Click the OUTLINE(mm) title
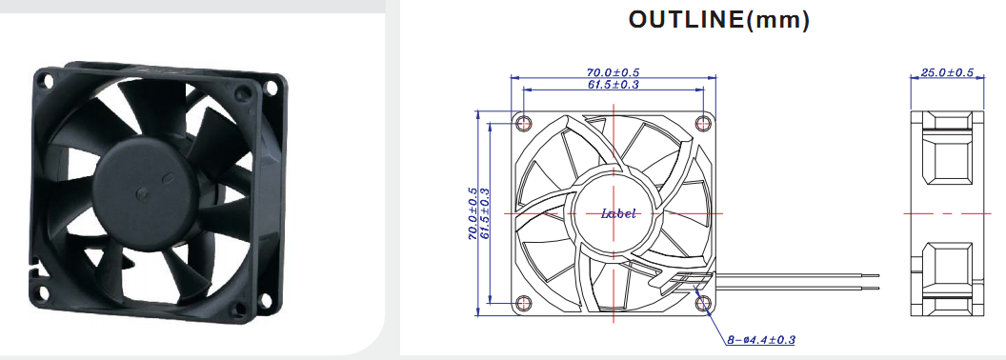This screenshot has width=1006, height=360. [718, 20]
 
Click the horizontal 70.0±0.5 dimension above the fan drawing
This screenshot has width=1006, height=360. [614, 72]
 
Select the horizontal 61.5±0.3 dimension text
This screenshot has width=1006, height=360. [614, 84]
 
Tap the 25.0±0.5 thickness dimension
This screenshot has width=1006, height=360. [947, 72]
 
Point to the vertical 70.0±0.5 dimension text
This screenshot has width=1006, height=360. [473, 213]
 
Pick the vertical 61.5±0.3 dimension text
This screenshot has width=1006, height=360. [485, 213]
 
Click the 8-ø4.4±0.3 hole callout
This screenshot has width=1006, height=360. [761, 339]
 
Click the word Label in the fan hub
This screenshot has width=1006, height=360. [618, 213]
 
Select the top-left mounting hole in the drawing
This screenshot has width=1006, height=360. [524, 122]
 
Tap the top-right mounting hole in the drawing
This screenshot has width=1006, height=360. [704, 122]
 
